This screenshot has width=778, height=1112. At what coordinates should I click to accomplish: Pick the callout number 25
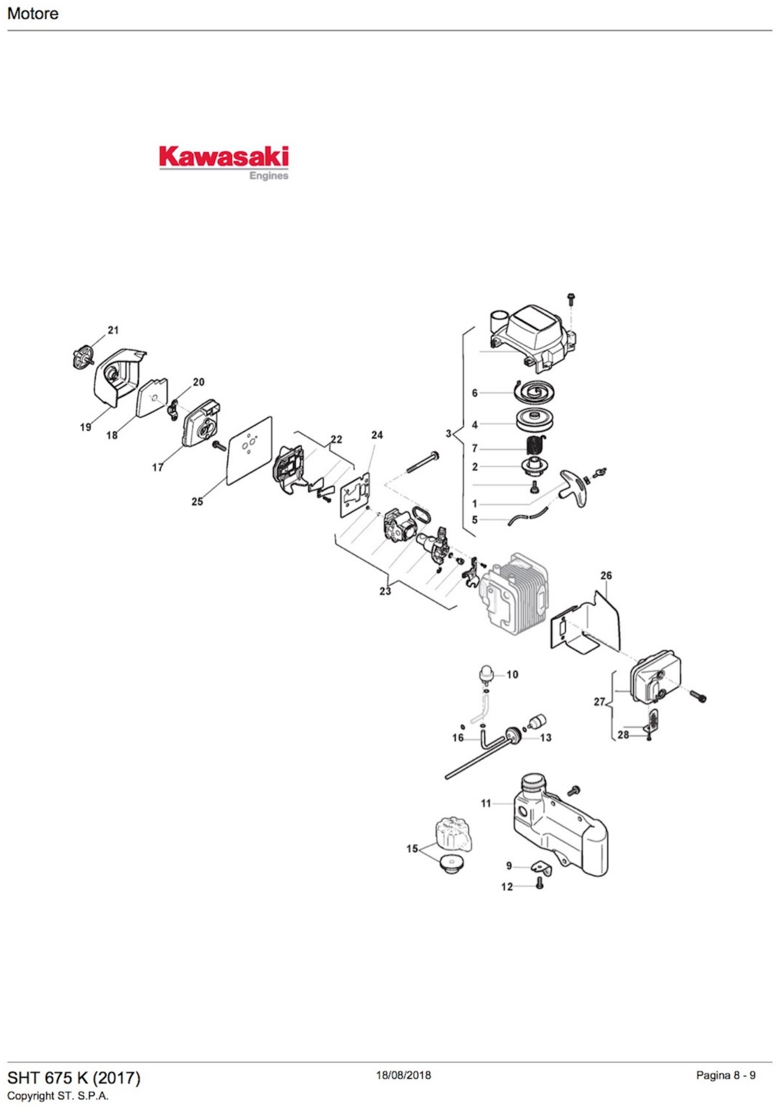(197, 501)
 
